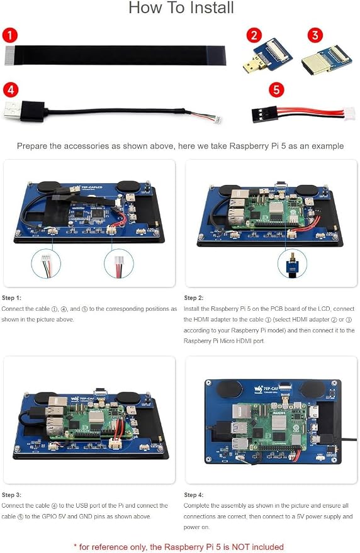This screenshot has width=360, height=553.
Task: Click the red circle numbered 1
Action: tap(9, 36)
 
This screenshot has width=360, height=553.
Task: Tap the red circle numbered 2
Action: tap(254, 36)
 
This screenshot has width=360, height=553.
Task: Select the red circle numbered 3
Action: tap(315, 35)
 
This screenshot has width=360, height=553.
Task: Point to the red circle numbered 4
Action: tap(10, 90)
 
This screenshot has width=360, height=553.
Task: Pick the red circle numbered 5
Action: tap(276, 90)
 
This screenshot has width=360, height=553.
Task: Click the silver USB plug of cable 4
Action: tap(13, 110)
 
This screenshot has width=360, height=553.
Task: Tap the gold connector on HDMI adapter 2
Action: tap(250, 65)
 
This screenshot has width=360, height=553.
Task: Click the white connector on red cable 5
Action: tap(349, 114)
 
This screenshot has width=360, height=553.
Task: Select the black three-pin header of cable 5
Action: tap(264, 114)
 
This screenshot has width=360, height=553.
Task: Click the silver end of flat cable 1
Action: tap(9, 56)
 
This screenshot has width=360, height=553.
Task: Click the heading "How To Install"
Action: tap(181, 8)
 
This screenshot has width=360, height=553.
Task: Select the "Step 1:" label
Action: tap(11, 298)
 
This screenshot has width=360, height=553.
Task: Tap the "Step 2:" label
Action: tap(193, 298)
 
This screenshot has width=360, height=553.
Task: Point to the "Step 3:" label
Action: tap(11, 495)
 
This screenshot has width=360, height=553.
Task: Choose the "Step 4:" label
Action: tap(193, 495)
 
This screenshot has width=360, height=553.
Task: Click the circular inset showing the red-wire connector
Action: tap(119, 264)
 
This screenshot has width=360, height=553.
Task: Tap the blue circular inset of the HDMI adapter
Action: tap(292, 263)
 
